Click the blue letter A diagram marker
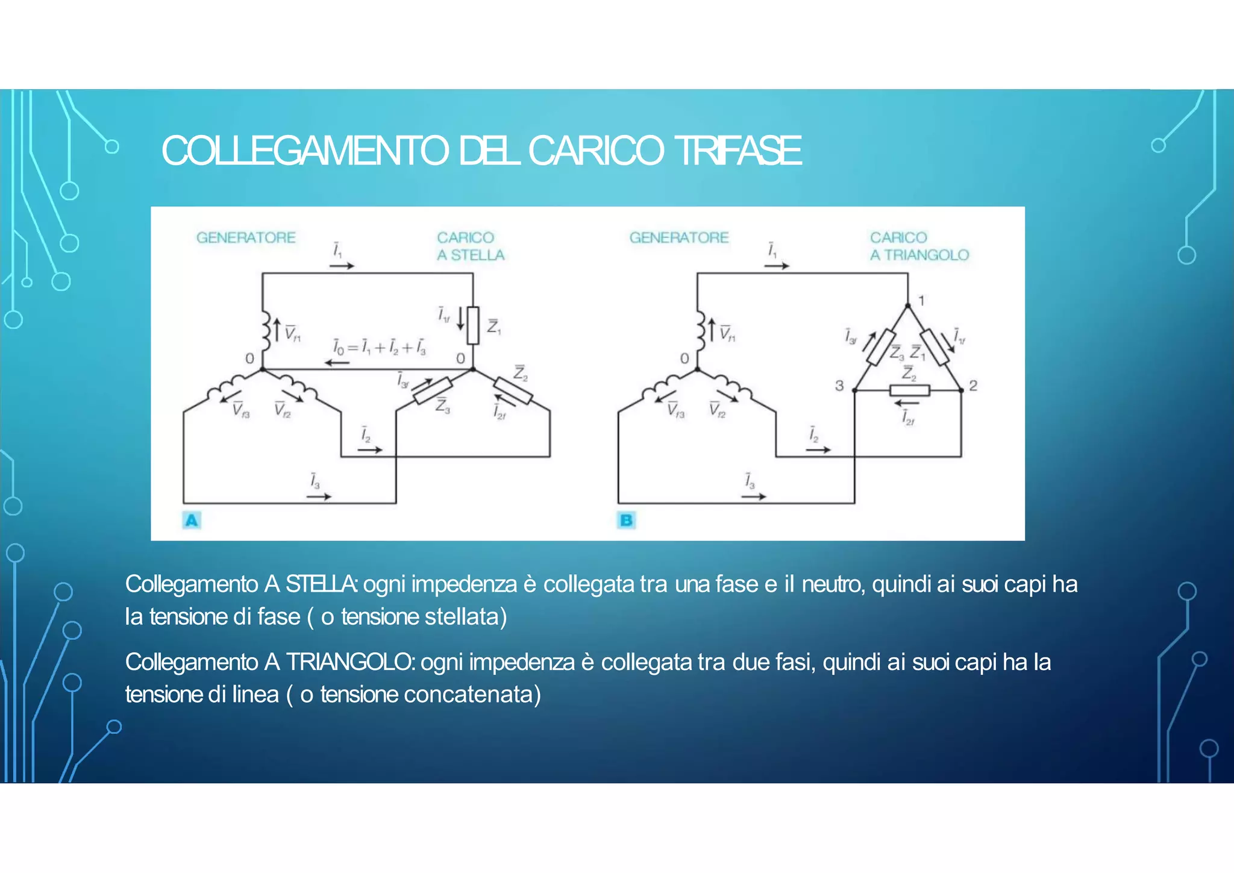(192, 520)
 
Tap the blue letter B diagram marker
(626, 520)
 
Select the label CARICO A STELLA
(471, 246)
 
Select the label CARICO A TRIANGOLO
(919, 246)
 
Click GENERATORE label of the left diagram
(246, 237)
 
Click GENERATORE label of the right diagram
(679, 237)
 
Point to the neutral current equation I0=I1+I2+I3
(380, 348)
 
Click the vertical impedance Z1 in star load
(474, 325)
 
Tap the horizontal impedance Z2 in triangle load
(910, 390)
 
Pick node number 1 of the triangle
(921, 300)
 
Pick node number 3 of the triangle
(839, 386)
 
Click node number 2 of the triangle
(972, 386)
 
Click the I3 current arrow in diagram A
(319, 496)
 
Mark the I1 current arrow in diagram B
(777, 265)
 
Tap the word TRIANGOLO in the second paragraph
(349, 662)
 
